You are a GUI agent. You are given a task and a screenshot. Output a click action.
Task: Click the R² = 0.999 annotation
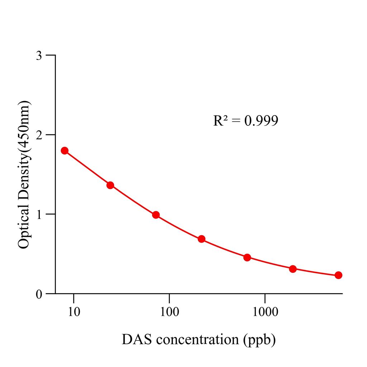tap(246, 121)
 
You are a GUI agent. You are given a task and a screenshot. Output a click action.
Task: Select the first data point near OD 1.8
tap(65, 151)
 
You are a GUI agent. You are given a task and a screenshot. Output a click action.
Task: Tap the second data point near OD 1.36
tap(110, 185)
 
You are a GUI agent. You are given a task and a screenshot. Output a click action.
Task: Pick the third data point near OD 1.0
tap(156, 215)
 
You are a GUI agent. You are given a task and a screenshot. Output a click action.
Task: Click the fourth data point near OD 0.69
tap(201, 239)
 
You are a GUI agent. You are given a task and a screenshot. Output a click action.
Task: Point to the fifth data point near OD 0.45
tap(247, 258)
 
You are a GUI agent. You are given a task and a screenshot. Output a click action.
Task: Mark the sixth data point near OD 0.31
tap(293, 269)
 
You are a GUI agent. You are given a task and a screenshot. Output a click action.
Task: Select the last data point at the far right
tap(338, 275)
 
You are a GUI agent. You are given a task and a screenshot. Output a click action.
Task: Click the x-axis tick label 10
tap(74, 311)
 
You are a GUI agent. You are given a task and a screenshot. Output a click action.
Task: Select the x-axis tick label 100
tap(169, 311)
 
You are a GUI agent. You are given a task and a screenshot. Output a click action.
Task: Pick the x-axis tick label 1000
tap(264, 311)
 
